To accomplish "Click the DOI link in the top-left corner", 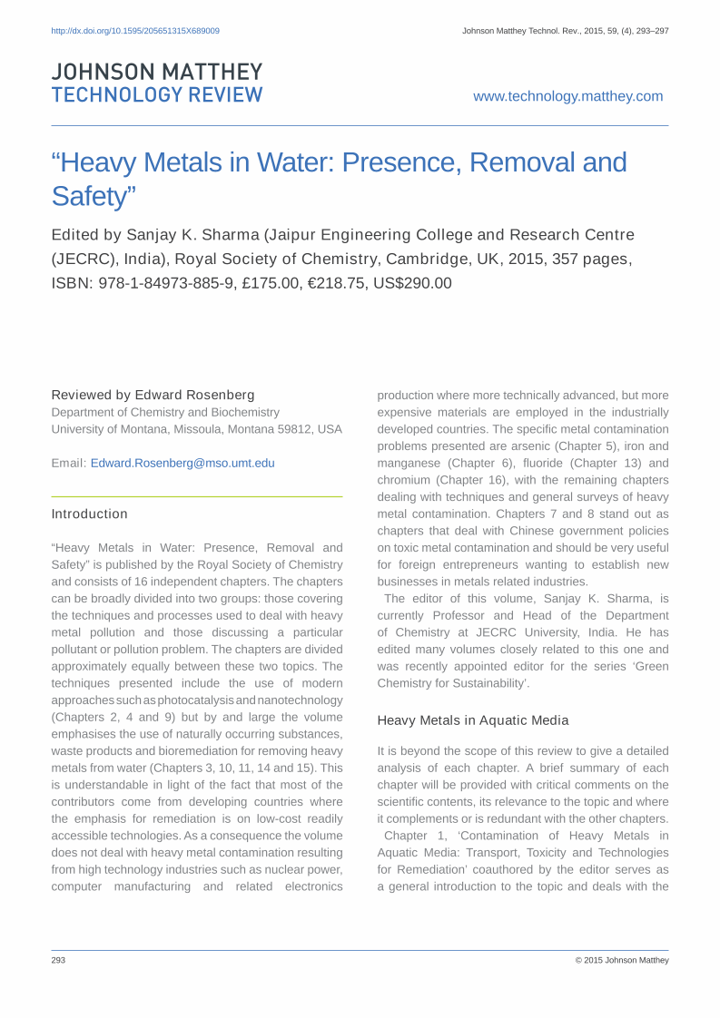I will [135, 31].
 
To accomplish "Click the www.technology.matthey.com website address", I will [567, 96].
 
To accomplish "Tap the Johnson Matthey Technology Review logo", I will [157, 83].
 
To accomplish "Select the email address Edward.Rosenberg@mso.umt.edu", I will [182, 463].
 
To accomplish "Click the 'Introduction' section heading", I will [89, 514].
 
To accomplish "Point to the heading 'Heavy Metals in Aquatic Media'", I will [473, 720].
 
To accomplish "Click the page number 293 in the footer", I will [58, 960].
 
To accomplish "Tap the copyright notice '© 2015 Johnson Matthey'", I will [622, 960].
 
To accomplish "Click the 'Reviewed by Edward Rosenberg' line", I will [153, 395].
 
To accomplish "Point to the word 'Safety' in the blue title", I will [91, 196].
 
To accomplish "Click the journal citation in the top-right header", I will [565, 31].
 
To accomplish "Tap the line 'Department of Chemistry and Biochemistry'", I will [165, 412].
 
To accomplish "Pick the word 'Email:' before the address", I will [69, 463].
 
